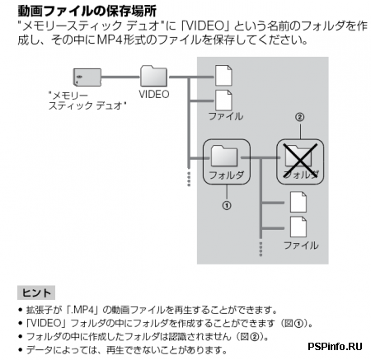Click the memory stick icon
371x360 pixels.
coord(85,77)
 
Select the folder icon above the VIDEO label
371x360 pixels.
coord(153,76)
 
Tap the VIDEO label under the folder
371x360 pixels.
coord(153,94)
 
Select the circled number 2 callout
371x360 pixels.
coord(300,118)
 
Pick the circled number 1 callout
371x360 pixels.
coord(226,203)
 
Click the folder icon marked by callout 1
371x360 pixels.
coord(226,154)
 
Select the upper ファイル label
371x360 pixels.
coord(225,117)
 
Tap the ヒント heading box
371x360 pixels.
coord(36,292)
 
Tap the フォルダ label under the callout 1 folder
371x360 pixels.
coord(226,175)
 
